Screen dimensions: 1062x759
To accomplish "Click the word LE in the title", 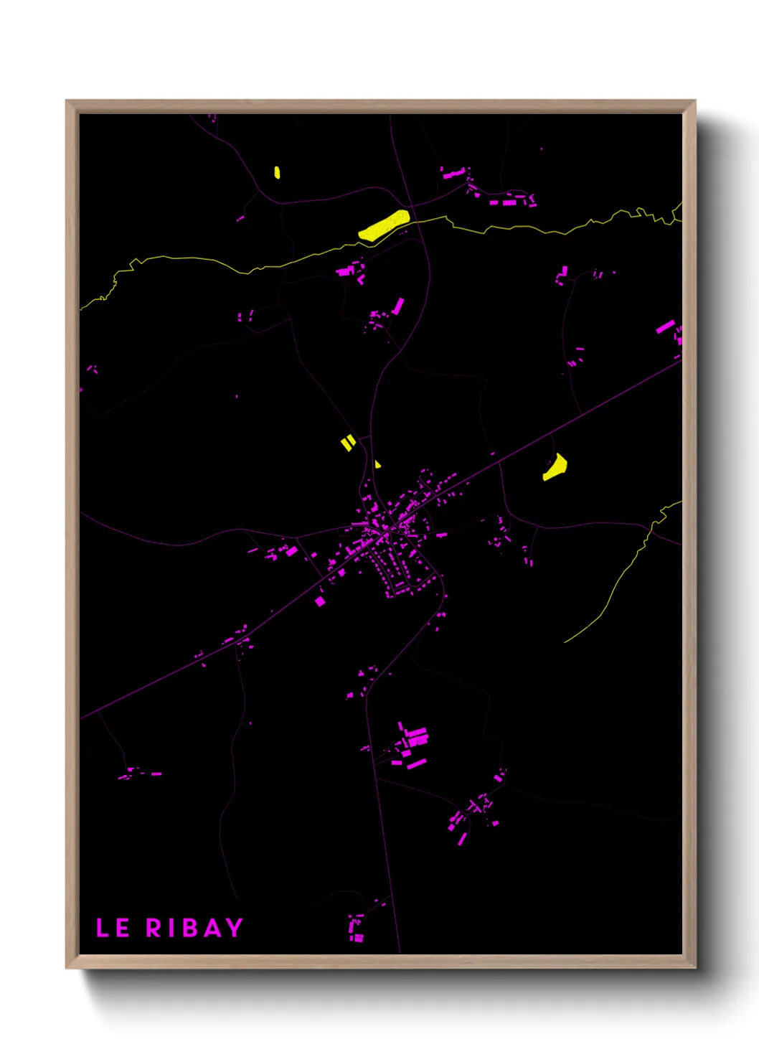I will click(x=113, y=928).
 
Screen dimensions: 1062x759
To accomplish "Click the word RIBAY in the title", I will click(x=194, y=928).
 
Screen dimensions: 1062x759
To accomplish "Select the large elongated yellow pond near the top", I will click(x=384, y=225).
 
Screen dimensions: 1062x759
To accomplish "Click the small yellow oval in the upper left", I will click(x=277, y=172).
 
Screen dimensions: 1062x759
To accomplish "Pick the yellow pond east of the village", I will click(x=555, y=468).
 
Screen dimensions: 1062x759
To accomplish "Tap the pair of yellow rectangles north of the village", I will click(x=348, y=443).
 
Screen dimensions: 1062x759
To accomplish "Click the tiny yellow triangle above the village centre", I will click(x=377, y=464).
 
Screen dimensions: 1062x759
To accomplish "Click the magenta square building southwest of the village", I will click(x=320, y=601).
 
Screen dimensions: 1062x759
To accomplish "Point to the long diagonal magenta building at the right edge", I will click(x=665, y=327).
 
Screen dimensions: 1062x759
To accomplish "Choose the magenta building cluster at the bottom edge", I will click(x=356, y=927).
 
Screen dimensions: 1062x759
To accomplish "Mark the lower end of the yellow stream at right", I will click(x=567, y=641).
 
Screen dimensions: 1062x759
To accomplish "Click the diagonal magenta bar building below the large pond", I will click(x=397, y=306).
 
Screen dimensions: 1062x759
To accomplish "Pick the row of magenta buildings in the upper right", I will click(x=511, y=202).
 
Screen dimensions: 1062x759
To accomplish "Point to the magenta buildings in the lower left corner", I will click(x=138, y=774).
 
